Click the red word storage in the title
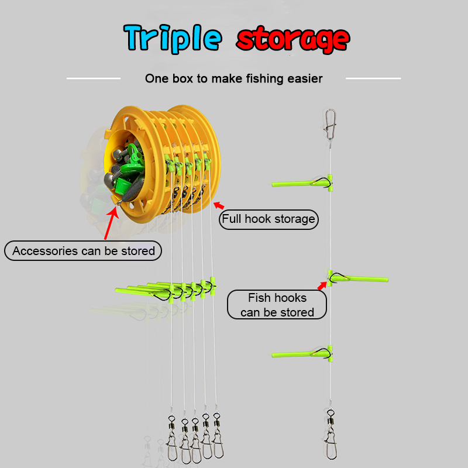[x=293, y=39]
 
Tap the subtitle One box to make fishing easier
[x=233, y=78]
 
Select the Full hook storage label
[x=269, y=219]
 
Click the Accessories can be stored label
[x=84, y=251]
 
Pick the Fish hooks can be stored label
[x=277, y=305]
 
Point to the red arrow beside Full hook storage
[x=219, y=205]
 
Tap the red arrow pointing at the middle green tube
[x=322, y=285]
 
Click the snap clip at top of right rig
[x=329, y=122]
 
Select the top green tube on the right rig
[x=301, y=184]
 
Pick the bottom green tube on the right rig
[x=301, y=353]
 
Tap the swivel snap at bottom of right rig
[x=330, y=433]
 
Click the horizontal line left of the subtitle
[x=94, y=78]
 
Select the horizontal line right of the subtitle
[x=373, y=78]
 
